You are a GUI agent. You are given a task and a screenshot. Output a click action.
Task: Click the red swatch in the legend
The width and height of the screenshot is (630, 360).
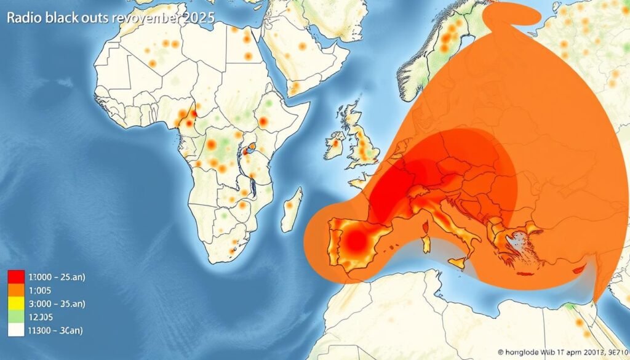pos(15,277)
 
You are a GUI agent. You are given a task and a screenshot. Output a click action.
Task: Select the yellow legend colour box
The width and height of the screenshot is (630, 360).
pos(15,303)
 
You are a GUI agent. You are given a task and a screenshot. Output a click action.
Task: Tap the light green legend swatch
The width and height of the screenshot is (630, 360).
pos(15,317)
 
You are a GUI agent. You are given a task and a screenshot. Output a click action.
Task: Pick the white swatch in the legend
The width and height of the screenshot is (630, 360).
pos(15,330)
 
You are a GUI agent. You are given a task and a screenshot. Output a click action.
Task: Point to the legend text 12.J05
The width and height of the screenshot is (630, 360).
pos(42,317)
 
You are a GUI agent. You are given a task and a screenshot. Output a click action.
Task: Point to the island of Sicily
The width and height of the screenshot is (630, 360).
pos(458,262)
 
